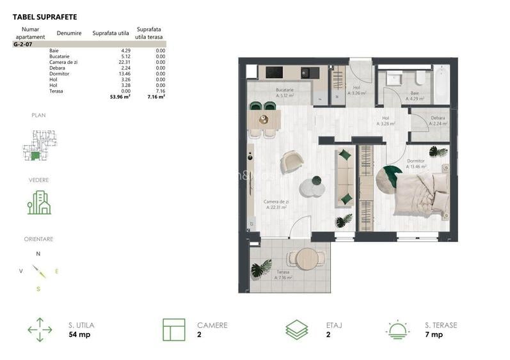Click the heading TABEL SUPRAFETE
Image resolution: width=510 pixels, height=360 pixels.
[44, 17]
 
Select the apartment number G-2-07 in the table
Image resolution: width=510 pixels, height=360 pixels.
[23, 45]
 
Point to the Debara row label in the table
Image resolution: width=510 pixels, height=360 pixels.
[58, 68]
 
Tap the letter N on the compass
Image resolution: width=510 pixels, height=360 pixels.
[38, 254]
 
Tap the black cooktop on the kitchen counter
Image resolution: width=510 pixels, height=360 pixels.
[275, 72]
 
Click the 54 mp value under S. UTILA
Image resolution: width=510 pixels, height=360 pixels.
[79, 334]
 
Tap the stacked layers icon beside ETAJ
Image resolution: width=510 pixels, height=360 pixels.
[297, 329]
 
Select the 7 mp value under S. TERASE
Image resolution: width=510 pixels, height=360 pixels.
[433, 334]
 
